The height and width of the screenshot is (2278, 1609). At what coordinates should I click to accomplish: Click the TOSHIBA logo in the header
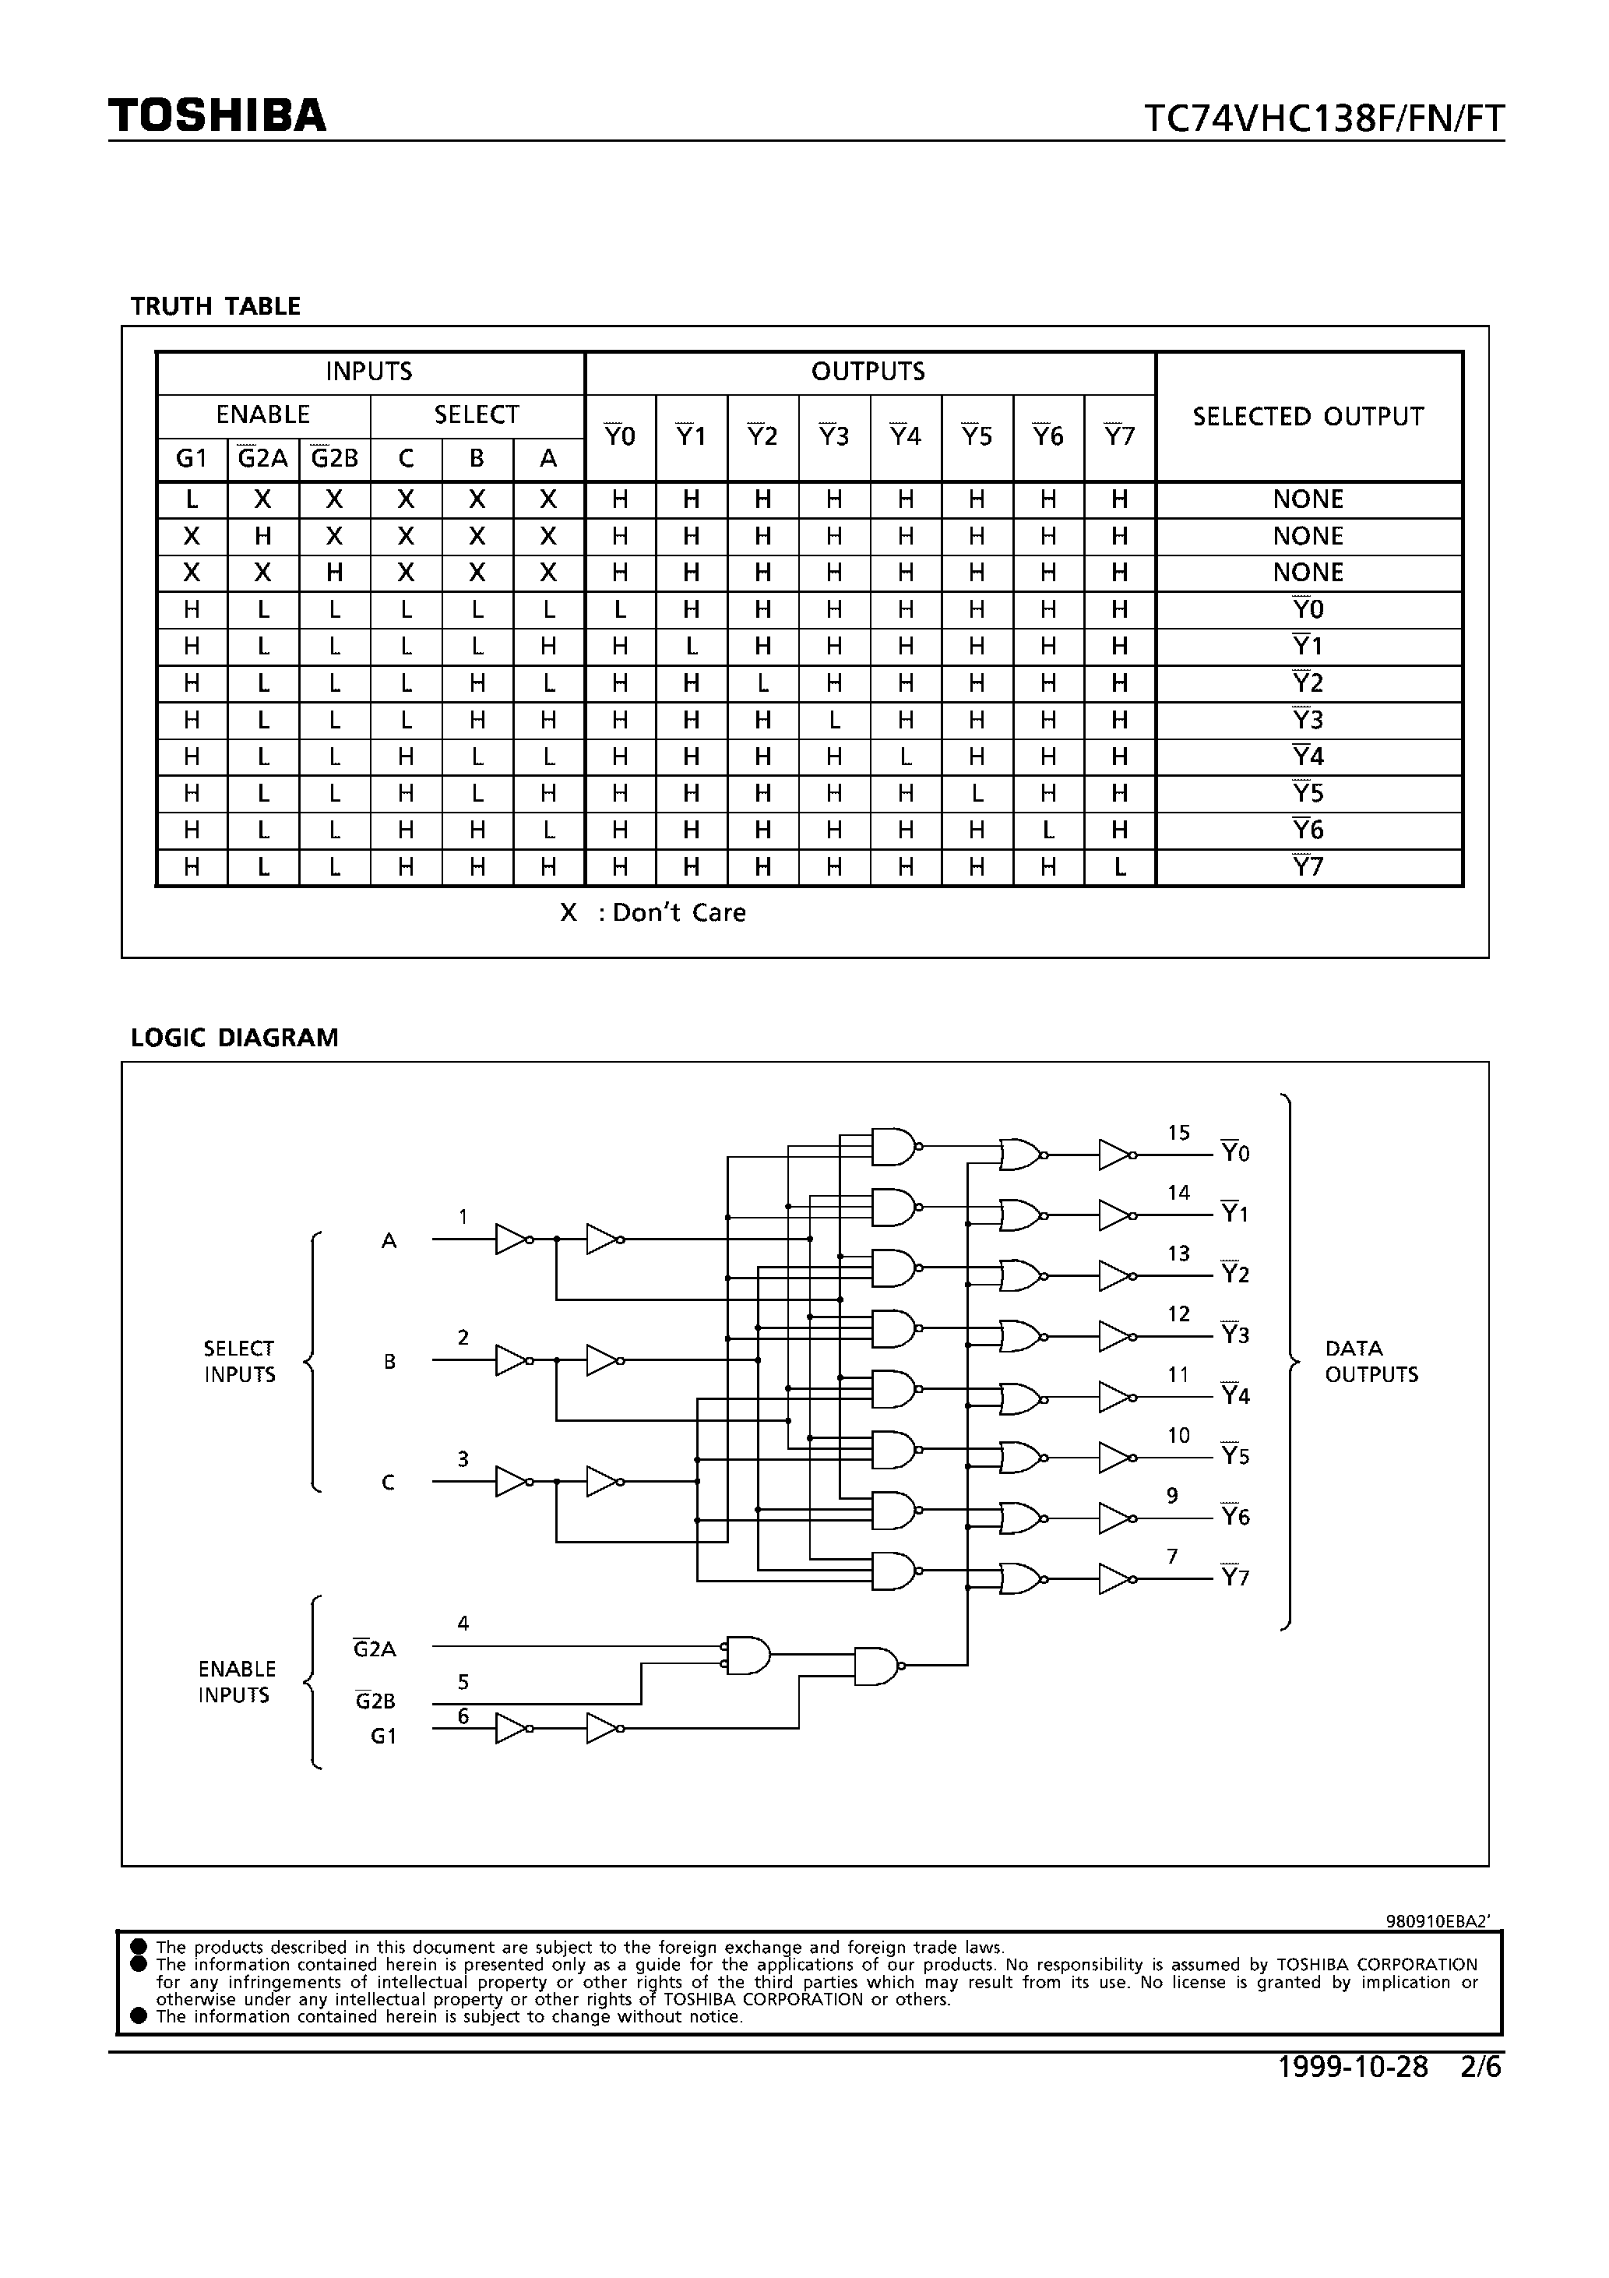tap(217, 116)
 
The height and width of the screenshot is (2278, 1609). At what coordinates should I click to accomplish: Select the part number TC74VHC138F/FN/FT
tap(1323, 119)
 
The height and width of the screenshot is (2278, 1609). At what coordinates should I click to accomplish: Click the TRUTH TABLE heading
tap(215, 307)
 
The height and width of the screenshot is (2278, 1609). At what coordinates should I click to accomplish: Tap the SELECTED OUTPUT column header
tap(1308, 417)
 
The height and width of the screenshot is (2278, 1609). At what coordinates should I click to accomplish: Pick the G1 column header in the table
tap(192, 458)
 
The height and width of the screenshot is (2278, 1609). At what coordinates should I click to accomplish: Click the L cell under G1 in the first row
tap(192, 500)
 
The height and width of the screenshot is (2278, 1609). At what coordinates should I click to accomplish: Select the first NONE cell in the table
tap(1308, 500)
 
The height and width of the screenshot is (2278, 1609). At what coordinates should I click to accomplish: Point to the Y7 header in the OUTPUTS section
tap(1119, 436)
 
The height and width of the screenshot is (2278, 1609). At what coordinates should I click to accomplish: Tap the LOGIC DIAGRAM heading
tap(234, 1038)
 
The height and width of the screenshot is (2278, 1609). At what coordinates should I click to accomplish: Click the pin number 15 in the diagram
tap(1178, 1133)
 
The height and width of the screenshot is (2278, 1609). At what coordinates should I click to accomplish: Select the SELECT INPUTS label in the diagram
tap(239, 1361)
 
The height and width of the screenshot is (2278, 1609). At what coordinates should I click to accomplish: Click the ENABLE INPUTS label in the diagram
tap(236, 1682)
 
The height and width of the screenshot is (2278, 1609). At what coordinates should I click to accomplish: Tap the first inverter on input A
tap(512, 1239)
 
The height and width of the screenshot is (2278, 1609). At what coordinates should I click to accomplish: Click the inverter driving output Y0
tap(1115, 1155)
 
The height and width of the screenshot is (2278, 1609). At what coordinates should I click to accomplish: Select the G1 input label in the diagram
tap(383, 1737)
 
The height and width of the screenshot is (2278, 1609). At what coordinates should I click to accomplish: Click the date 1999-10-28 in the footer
tap(1352, 2067)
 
